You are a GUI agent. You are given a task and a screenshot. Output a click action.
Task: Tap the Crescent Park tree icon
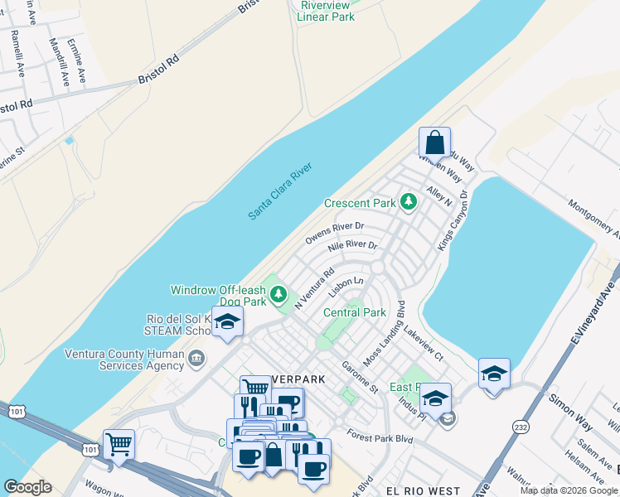[408, 201]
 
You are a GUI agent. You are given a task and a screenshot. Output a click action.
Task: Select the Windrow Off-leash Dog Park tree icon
[279, 294]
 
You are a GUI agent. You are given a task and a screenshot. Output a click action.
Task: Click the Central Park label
[355, 312]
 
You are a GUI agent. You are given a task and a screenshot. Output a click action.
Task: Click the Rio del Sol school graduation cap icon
[227, 323]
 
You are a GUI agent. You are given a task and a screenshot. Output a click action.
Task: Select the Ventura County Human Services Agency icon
[196, 358]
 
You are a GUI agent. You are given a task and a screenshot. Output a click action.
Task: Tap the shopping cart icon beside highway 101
[119, 444]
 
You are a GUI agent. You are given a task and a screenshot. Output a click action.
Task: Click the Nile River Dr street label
[352, 246]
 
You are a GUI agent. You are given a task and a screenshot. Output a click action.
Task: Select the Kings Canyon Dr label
[454, 221]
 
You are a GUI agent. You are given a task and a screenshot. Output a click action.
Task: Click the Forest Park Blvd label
[380, 437]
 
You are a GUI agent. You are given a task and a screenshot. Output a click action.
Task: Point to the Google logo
[27, 487]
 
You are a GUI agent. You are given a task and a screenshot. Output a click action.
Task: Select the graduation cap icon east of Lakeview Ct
[494, 374]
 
